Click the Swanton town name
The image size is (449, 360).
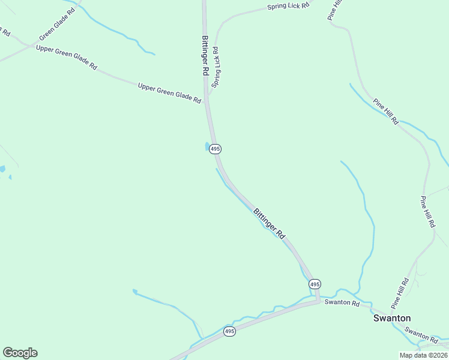[x=392, y=318]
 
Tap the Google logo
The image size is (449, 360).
[x=20, y=353]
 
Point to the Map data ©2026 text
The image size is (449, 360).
[x=423, y=355]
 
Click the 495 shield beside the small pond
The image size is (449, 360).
[x=215, y=149]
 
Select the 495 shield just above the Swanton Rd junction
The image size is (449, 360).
[x=315, y=283]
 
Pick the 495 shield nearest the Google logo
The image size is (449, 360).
[x=229, y=331]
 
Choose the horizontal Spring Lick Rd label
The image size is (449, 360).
[x=288, y=7]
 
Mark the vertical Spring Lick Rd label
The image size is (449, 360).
[x=216, y=67]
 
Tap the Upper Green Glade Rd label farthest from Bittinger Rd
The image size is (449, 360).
[x=66, y=57]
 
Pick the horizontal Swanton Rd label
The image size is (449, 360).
[x=342, y=303]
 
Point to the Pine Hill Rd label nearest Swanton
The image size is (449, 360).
[x=400, y=290]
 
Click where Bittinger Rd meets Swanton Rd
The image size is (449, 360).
[x=318, y=300]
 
